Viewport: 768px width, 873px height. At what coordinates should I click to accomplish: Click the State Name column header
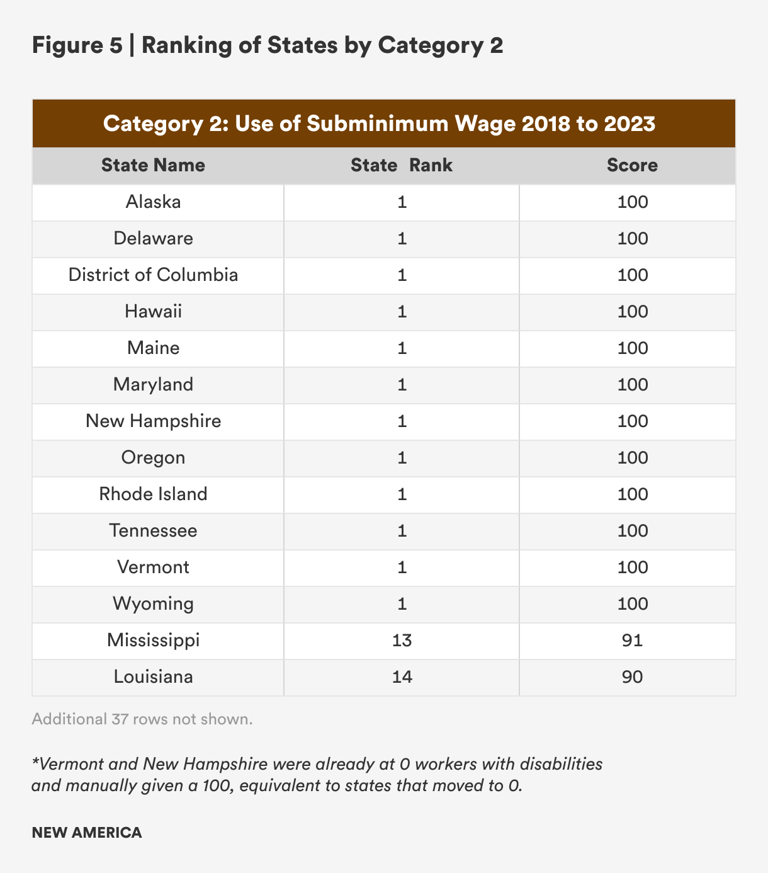click(x=153, y=165)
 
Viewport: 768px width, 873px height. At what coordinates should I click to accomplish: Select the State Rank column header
click(x=402, y=165)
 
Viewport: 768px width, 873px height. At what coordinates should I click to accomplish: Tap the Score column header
click(x=632, y=165)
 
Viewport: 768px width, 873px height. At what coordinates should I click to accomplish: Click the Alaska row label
click(x=153, y=202)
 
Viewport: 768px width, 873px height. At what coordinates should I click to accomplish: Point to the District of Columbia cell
click(x=153, y=275)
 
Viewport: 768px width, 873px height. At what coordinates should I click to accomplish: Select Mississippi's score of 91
click(x=632, y=640)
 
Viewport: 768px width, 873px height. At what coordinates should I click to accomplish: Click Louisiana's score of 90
click(x=632, y=676)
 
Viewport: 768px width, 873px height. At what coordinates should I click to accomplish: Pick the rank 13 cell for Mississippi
click(x=402, y=640)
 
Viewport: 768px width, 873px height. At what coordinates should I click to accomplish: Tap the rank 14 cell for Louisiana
click(x=402, y=676)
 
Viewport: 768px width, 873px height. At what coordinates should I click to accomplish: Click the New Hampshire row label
click(x=153, y=421)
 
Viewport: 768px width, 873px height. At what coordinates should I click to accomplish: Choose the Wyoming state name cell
click(x=153, y=603)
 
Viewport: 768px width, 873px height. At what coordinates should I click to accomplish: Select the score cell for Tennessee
click(x=632, y=530)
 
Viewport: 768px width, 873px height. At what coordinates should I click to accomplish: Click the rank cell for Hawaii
click(x=402, y=311)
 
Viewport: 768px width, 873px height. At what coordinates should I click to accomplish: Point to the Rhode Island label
click(x=153, y=494)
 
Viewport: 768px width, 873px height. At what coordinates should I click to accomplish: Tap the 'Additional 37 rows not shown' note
click(x=142, y=719)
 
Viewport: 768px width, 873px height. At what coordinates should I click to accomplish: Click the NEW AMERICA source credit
click(x=87, y=832)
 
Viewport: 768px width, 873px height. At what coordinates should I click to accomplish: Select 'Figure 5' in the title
click(x=77, y=45)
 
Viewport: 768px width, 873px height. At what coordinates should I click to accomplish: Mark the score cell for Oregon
click(x=632, y=457)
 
